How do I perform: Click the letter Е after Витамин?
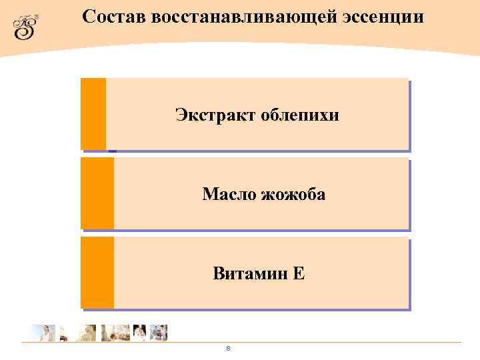tap(299, 273)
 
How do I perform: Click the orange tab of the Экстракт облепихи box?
tap(93, 114)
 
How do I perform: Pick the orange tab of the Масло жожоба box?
tap(97, 193)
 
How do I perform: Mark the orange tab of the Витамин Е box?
tap(97, 273)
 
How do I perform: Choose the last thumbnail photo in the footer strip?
tap(159, 333)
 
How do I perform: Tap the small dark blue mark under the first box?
tap(112, 151)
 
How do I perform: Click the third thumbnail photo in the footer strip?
tap(87, 333)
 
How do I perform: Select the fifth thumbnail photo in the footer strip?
tap(139, 333)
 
